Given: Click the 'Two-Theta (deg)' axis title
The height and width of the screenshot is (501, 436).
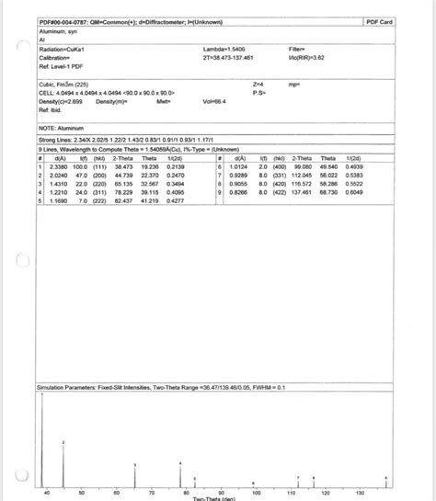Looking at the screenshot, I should pos(216,498).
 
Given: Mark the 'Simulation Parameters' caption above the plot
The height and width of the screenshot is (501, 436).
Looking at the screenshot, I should pos(147,388).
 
